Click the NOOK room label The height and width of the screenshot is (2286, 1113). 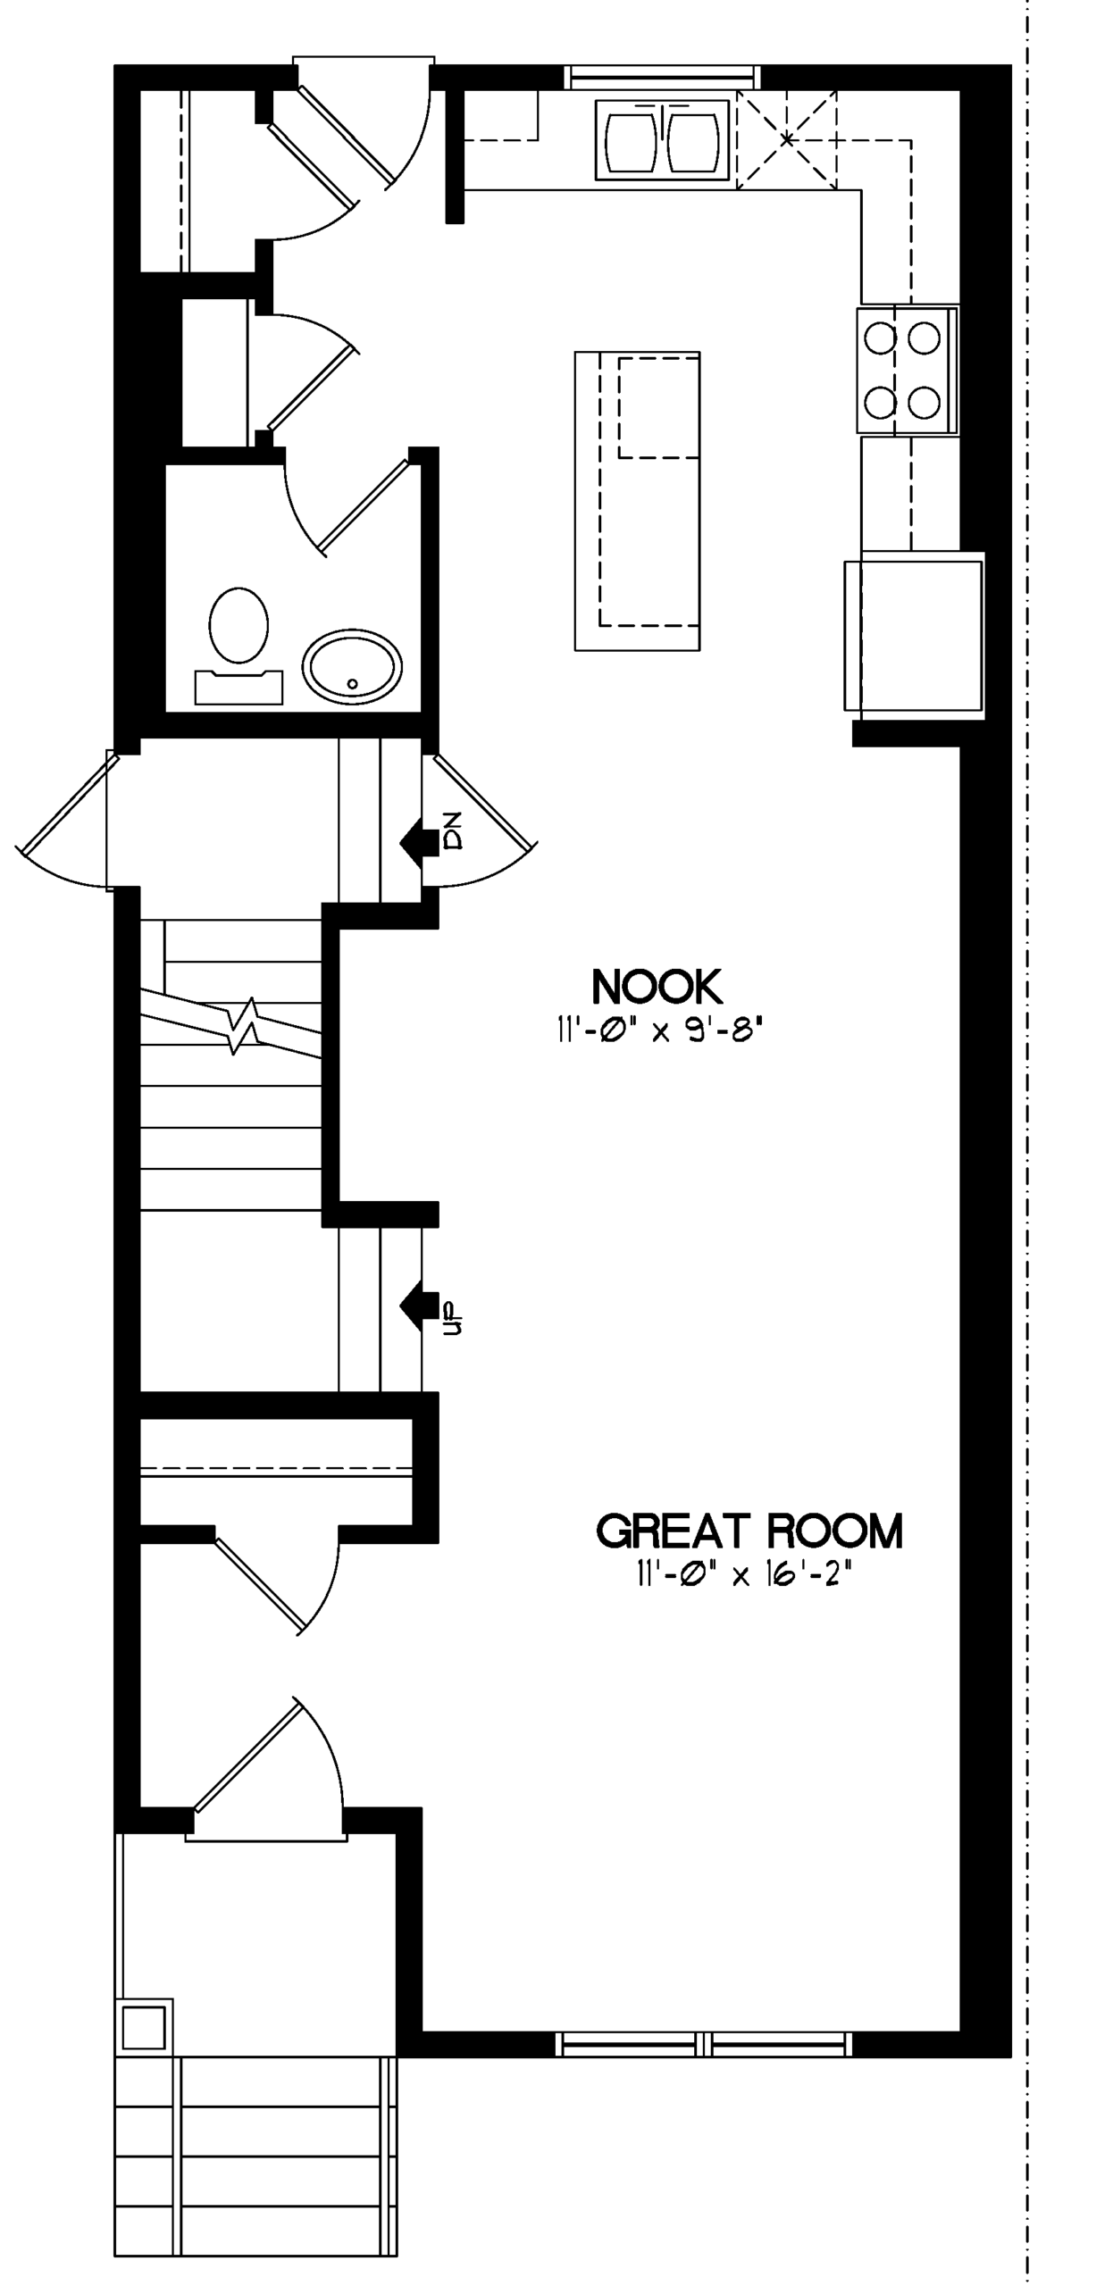coord(657,987)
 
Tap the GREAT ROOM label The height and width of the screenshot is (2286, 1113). coord(749,1531)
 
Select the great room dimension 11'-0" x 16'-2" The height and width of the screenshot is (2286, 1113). coord(744,1574)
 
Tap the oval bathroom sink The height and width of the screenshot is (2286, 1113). coord(352,666)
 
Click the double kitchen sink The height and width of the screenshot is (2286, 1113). coord(662,140)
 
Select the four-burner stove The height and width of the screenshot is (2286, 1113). coord(908,370)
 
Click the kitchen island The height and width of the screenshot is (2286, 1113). coord(637,501)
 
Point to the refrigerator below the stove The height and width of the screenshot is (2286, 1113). coord(914,635)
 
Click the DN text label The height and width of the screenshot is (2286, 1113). coord(453,830)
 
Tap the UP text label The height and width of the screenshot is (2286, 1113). coord(453,1317)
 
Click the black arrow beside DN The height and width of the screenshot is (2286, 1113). coord(418,841)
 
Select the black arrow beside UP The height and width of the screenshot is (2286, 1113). coord(418,1305)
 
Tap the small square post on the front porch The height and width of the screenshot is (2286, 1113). coord(144,2026)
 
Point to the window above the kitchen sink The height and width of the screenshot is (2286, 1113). coord(662,78)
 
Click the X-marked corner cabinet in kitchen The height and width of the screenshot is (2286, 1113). coord(786,139)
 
